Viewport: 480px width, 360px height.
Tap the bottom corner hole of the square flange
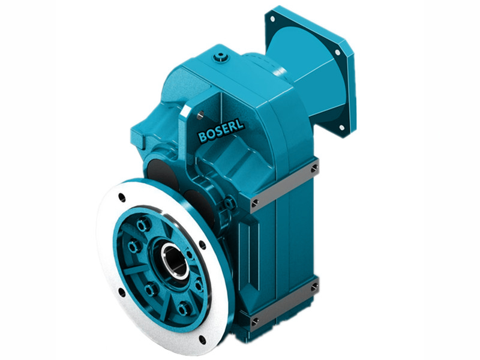pos(342,127)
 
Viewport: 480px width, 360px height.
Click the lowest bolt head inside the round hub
pos(184,308)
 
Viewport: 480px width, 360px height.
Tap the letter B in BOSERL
pos(202,138)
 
